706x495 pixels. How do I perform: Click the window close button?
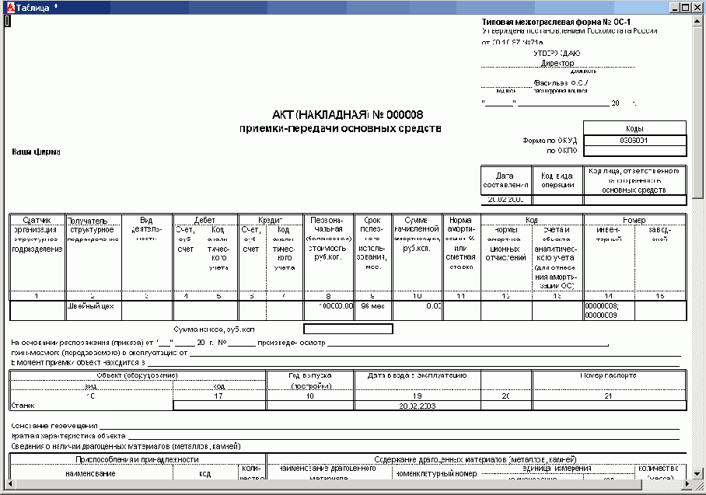click(697, 7)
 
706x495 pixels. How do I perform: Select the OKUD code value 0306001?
click(634, 141)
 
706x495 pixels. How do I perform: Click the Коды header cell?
click(634, 128)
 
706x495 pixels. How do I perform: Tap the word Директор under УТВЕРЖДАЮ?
click(557, 64)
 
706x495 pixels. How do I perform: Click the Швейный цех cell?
click(91, 306)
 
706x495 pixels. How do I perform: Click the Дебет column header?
click(205, 220)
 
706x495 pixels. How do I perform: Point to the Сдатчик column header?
click(37, 220)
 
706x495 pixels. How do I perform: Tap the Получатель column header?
click(93, 220)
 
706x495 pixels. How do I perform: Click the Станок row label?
click(23, 405)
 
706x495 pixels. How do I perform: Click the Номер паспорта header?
click(609, 375)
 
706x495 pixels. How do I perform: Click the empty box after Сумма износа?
click(348, 329)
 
